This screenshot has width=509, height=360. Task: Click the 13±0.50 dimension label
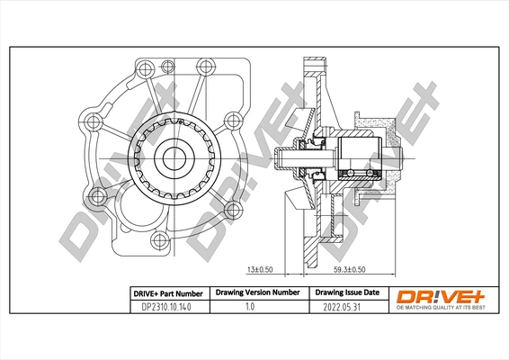point(260,270)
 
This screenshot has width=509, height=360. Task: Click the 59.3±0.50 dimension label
point(350,270)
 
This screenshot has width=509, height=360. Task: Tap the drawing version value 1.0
point(250,306)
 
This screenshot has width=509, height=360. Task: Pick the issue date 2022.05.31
point(342,307)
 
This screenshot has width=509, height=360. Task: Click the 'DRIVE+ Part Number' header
point(168,294)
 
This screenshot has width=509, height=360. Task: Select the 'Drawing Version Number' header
point(258,292)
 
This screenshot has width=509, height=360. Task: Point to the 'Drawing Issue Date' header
point(347,292)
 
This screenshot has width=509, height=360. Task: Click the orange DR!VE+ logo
point(442,297)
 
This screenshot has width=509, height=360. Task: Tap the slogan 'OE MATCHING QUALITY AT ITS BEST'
point(442,308)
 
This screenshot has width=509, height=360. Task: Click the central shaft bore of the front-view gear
point(174,159)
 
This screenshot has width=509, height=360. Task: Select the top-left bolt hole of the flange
point(145,68)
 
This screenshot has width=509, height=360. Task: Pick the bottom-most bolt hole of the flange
point(159,240)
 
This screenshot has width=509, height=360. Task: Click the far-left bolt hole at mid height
point(94,121)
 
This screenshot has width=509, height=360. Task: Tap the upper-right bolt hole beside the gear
point(233,121)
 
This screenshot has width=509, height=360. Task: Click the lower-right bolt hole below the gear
point(234,210)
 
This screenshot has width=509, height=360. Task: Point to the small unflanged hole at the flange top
point(167,67)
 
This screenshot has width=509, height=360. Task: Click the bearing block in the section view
point(360,158)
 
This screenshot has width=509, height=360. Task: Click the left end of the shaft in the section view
point(275,158)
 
